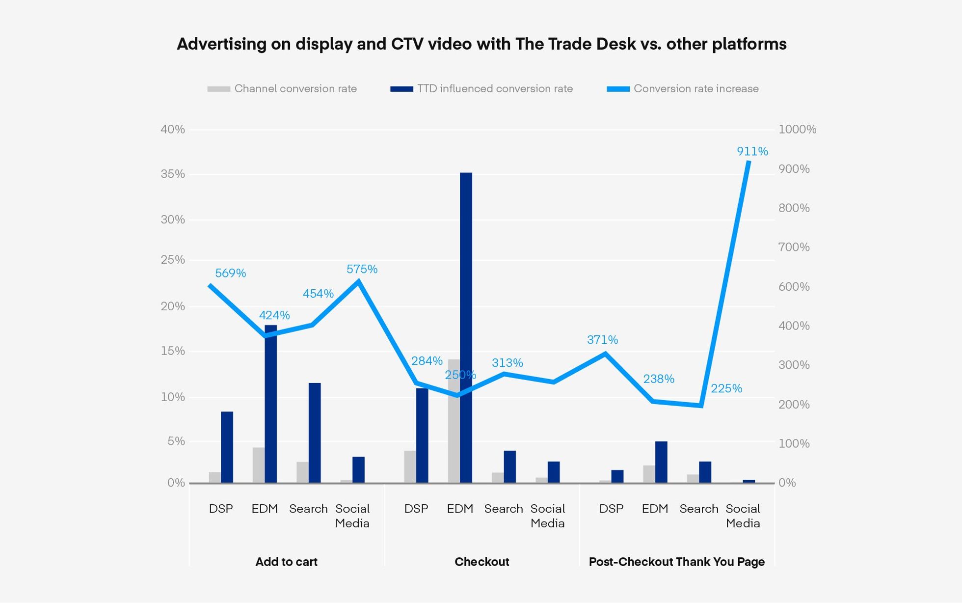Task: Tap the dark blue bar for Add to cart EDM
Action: pyautogui.click(x=270, y=403)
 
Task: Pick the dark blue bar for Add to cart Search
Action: pyautogui.click(x=315, y=432)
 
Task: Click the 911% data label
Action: pyautogui.click(x=752, y=152)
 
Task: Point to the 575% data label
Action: pyautogui.click(x=362, y=270)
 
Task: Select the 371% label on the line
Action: pyautogui.click(x=602, y=340)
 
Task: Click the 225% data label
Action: pyautogui.click(x=726, y=389)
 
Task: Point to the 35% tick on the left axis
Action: pyautogui.click(x=173, y=174)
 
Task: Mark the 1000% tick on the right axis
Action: pyautogui.click(x=797, y=130)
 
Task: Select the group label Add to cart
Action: pyautogui.click(x=286, y=562)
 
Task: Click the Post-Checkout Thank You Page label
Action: pyautogui.click(x=676, y=562)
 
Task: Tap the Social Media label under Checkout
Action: pyautogui.click(x=547, y=516)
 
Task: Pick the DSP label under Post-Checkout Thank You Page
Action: pyautogui.click(x=611, y=509)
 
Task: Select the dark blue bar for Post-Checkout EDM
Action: pyautogui.click(x=661, y=462)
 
